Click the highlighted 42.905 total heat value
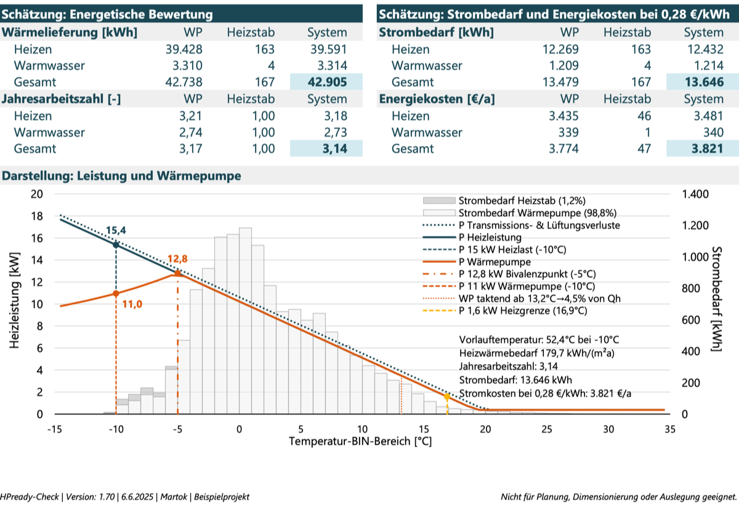(x=327, y=82)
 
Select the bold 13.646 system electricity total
(x=704, y=82)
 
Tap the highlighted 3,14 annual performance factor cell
(x=335, y=148)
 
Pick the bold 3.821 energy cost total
(x=708, y=148)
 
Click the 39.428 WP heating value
(x=184, y=49)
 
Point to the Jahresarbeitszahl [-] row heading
(x=62, y=99)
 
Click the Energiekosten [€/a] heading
(x=437, y=99)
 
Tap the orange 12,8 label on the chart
(x=177, y=259)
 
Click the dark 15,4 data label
(x=116, y=230)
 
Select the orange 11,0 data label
(x=132, y=304)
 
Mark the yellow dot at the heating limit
(x=446, y=397)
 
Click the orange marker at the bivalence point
(x=177, y=273)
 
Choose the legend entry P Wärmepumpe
(x=477, y=262)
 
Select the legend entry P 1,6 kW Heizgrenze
(x=505, y=311)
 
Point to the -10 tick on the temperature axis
(x=116, y=429)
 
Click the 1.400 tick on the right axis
(x=695, y=194)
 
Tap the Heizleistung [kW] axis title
(x=15, y=300)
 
